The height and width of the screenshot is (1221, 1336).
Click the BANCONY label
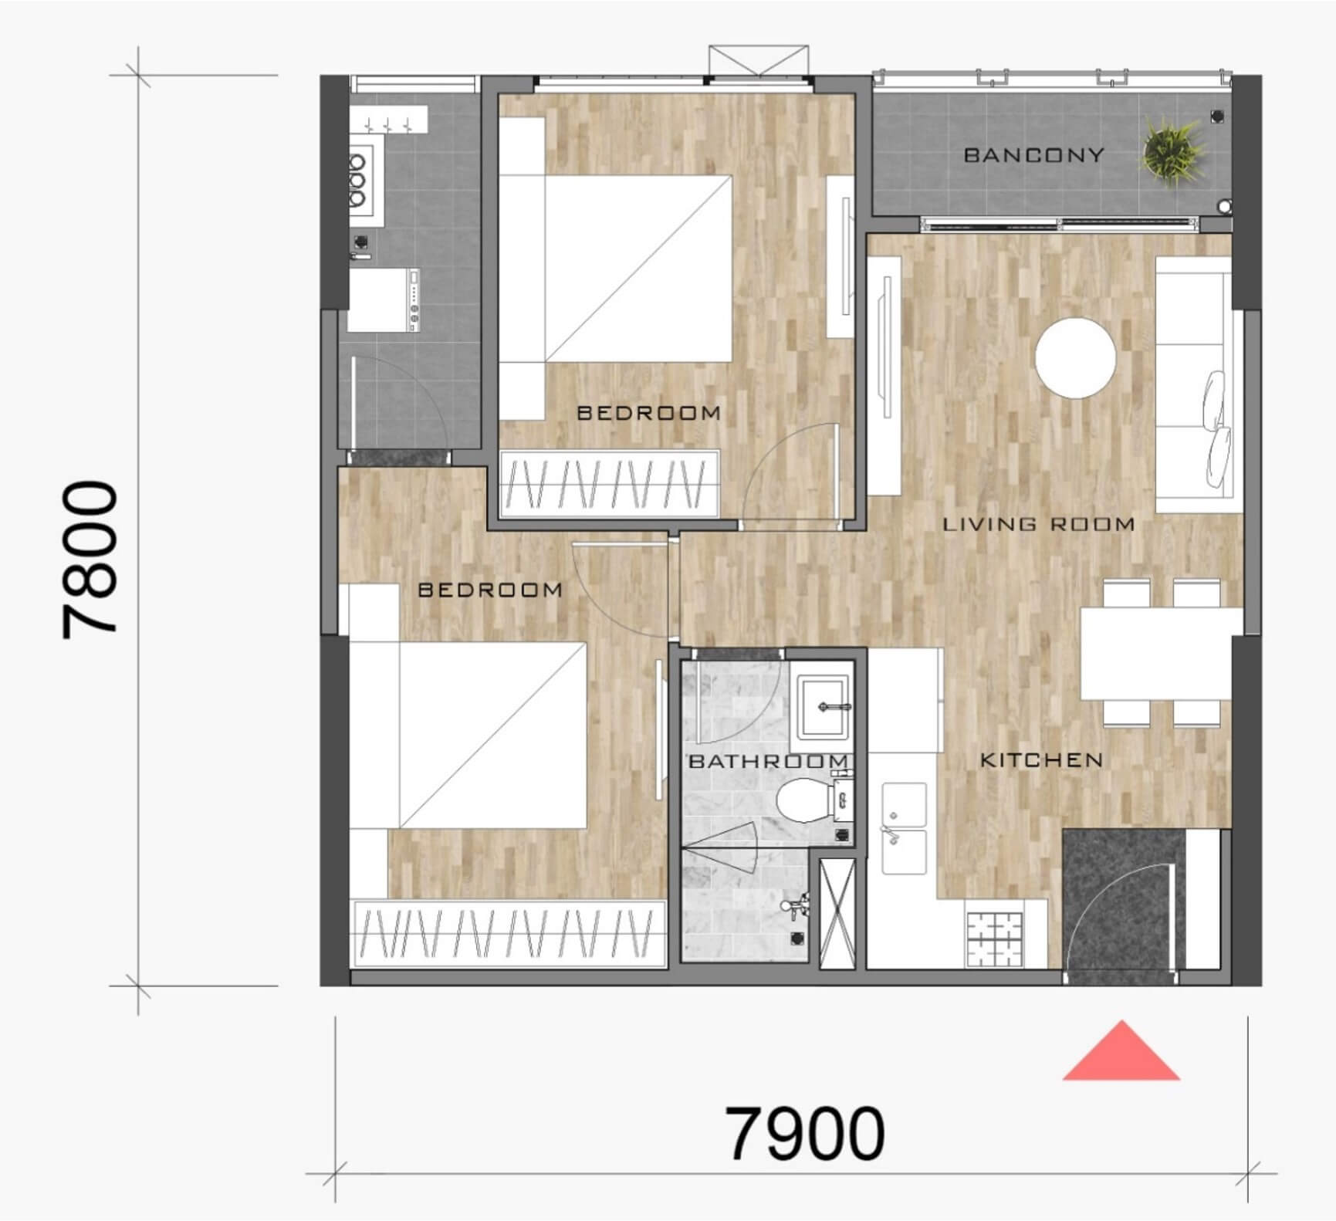coord(1033,155)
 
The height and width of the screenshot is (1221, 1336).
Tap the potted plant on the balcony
coord(1172,151)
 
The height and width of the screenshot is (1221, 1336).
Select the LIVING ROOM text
coord(1039,525)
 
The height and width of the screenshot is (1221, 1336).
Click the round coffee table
coord(1075,358)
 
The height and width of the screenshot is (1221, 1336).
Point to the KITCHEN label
coord(1041,760)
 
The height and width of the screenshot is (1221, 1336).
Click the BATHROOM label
coord(768,762)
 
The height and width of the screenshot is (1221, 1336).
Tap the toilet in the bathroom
coord(802,800)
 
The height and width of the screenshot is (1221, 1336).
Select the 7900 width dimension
coord(806,1134)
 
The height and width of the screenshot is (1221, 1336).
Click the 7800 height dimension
coord(91,560)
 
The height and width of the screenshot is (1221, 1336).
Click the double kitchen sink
coord(904,828)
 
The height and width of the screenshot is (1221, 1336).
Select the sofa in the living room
coord(1192,384)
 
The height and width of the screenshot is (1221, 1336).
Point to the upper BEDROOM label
coord(649,413)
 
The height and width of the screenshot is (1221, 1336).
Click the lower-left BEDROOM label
coord(490,590)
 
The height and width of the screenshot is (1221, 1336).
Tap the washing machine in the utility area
coord(384,299)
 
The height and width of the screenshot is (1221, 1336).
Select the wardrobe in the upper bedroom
coord(610,483)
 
